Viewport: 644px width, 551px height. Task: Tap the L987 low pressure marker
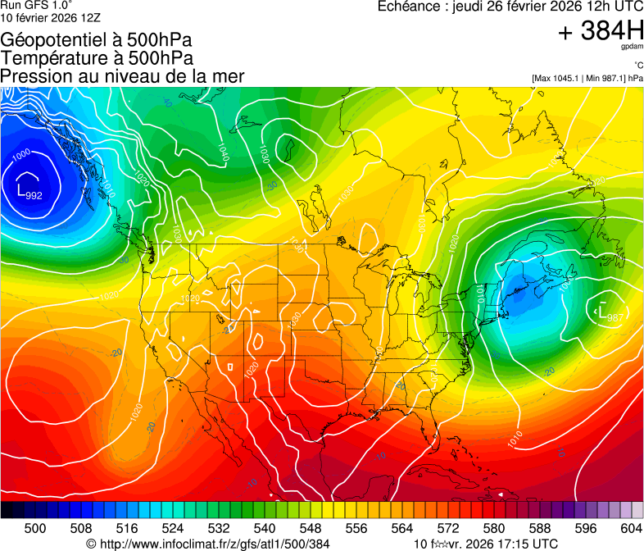[608, 314]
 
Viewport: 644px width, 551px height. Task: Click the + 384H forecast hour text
[601, 32]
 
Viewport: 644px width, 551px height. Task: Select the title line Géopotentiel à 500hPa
[97, 40]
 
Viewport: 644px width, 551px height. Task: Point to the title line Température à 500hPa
[97, 58]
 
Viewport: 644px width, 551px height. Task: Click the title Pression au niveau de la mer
[122, 76]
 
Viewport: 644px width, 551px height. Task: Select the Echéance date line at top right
[510, 7]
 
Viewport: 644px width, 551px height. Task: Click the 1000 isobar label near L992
[22, 153]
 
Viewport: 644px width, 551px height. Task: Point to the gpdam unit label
[632, 48]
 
